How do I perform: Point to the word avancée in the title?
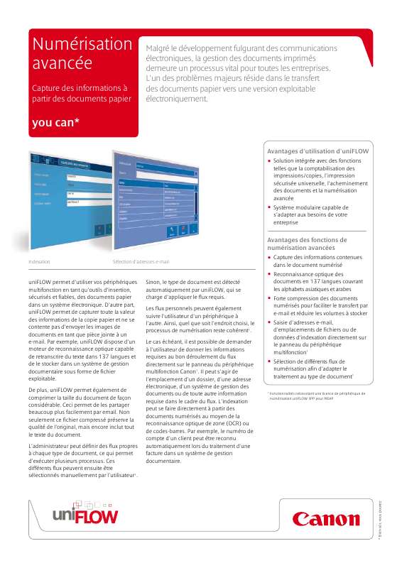coord(63,64)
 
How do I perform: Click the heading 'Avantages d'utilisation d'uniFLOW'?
coord(317,151)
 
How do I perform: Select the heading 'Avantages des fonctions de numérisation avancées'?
coord(306,244)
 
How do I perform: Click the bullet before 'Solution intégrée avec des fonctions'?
coord(270,161)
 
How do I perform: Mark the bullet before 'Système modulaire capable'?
coord(270,207)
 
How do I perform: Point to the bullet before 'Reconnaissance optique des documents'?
coord(270,273)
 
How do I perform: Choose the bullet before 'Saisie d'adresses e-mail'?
coord(270,322)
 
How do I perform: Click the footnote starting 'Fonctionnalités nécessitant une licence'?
coord(317,395)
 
